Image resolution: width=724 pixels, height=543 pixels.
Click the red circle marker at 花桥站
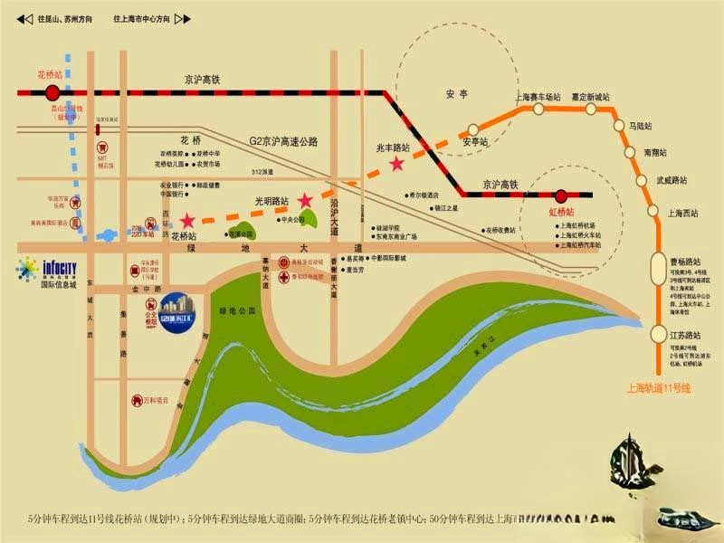(x=52, y=92)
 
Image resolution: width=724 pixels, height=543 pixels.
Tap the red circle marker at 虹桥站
(x=561, y=195)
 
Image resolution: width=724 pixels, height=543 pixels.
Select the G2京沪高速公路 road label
(x=283, y=142)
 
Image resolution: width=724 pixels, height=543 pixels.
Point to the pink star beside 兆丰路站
(x=396, y=164)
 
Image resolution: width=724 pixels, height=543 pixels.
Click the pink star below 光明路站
(x=306, y=200)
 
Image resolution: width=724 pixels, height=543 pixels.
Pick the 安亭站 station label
(x=475, y=142)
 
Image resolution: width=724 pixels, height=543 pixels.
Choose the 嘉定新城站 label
(x=588, y=96)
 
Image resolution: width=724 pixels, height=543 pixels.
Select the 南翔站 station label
(x=657, y=153)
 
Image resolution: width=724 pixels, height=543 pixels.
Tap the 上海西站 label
(x=683, y=214)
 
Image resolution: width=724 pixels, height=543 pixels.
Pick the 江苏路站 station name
(x=686, y=335)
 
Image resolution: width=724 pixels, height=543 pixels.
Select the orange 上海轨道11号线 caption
(x=658, y=388)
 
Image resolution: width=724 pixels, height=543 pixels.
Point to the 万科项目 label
(x=157, y=399)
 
